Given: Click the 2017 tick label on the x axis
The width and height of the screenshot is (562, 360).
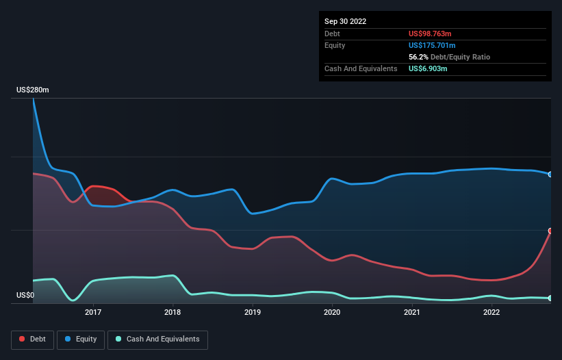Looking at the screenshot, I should [93, 313].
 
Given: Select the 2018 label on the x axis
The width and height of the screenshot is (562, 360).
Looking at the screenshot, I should [173, 313].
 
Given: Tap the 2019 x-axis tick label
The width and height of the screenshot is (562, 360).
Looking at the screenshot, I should [253, 313].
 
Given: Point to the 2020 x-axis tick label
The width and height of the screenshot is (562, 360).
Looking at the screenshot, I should [332, 313].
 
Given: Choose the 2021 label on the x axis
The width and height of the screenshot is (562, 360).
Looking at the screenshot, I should [412, 313].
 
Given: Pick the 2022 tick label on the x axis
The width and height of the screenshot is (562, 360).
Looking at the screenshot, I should [491, 313].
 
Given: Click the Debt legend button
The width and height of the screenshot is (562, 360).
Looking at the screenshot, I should [32, 339].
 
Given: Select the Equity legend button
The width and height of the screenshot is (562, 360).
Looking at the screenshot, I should [81, 339].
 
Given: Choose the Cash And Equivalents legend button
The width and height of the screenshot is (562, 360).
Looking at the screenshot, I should [157, 339].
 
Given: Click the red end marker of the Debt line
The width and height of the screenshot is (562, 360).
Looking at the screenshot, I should [550, 231].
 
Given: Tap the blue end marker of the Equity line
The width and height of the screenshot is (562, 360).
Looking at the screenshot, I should [550, 175].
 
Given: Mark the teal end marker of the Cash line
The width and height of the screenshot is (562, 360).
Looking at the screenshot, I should [550, 298].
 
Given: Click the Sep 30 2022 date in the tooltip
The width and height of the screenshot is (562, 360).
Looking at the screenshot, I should [345, 21].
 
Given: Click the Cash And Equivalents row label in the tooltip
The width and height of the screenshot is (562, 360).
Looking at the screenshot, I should [361, 69].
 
